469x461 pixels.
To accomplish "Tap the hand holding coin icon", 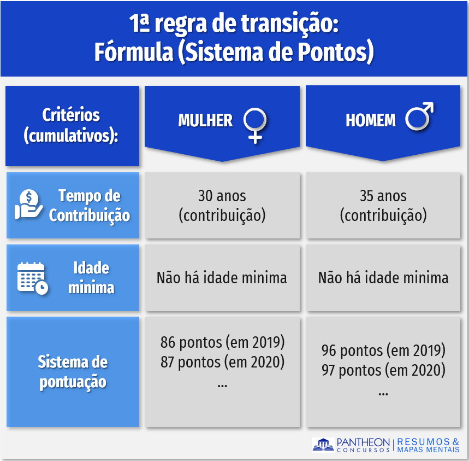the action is click(x=29, y=204).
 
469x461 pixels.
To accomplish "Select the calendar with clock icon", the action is click(x=32, y=278).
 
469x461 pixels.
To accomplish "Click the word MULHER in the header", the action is click(x=205, y=120).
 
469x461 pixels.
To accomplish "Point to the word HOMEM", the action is click(x=371, y=120).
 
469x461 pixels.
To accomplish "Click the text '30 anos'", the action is click(x=222, y=196).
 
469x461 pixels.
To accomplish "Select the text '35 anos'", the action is click(x=383, y=196).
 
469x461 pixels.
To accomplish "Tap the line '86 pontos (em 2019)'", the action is click(x=222, y=342).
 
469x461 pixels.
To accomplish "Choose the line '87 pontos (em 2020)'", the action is click(x=222, y=362).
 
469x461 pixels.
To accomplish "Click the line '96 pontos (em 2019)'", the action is click(x=383, y=350).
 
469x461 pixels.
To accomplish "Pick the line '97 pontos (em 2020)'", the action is click(x=383, y=370).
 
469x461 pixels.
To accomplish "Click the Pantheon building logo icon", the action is click(x=323, y=444).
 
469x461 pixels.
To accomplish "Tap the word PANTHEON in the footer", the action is click(x=363, y=442).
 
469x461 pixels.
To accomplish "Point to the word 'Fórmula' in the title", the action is click(x=134, y=52).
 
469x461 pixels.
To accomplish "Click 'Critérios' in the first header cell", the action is click(x=71, y=115).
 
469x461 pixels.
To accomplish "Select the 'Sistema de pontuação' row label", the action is click(x=73, y=372).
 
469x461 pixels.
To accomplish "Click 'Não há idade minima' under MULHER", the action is click(x=222, y=278).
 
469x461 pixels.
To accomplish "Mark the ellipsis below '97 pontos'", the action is click(x=383, y=394).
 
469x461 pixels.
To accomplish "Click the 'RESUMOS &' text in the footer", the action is click(x=428, y=441).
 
